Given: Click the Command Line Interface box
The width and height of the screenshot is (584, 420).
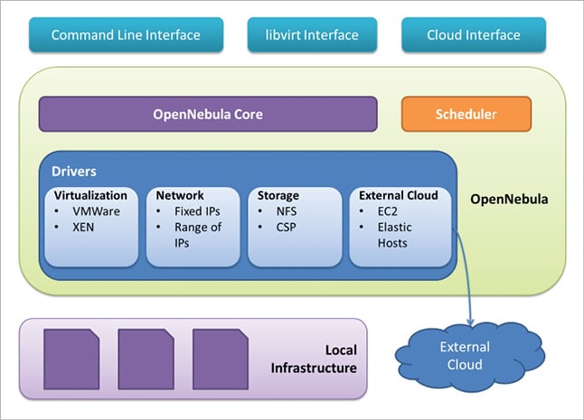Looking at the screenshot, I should pyautogui.click(x=126, y=35).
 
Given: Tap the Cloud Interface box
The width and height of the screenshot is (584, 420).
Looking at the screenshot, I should pyautogui.click(x=474, y=35).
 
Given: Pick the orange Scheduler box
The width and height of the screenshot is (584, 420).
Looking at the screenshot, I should pyautogui.click(x=466, y=115).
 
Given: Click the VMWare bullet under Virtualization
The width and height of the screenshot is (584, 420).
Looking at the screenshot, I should pyautogui.click(x=97, y=210).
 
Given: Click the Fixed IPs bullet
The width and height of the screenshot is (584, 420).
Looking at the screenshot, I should pyautogui.click(x=194, y=210).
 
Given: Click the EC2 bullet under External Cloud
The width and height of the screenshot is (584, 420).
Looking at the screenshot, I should pyautogui.click(x=389, y=210).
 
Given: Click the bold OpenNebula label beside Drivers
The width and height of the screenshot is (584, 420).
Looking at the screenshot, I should pyautogui.click(x=509, y=195).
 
